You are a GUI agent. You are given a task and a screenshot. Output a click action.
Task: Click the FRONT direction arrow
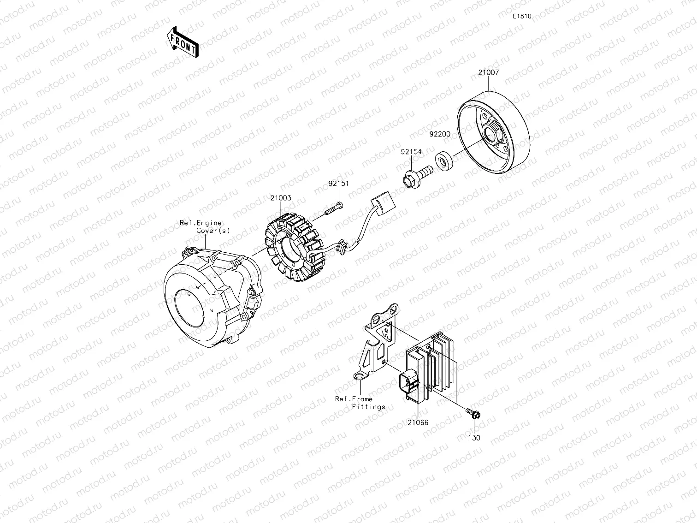[x=183, y=42]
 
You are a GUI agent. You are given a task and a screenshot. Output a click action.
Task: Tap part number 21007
[x=488, y=73]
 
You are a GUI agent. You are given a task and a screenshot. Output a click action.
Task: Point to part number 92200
[x=440, y=134]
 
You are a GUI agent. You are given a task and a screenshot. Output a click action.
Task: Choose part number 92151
[x=338, y=184]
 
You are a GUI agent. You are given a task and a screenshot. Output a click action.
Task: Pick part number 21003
[x=281, y=198]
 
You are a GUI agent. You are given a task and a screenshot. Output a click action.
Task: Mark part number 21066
[x=418, y=422]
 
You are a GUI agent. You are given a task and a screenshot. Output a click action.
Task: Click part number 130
[x=474, y=438]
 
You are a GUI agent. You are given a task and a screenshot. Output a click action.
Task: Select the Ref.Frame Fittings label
[x=361, y=403]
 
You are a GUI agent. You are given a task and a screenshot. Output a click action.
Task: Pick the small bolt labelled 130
[x=472, y=413]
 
